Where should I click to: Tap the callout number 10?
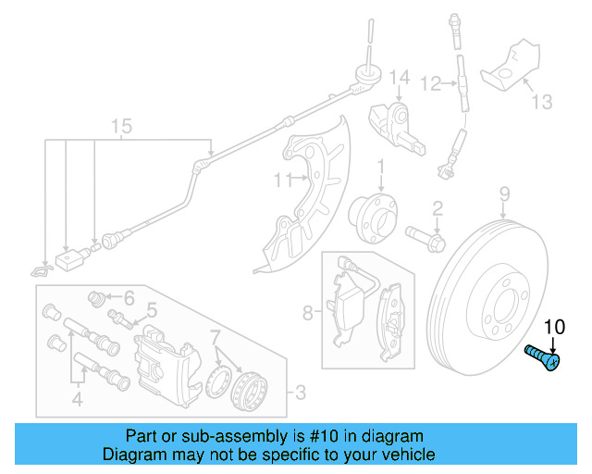click(x=553, y=327)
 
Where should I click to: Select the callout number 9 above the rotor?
click(x=505, y=193)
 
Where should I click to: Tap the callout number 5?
click(x=152, y=310)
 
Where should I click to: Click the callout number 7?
click(x=215, y=334)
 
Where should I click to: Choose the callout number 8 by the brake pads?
click(x=308, y=313)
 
